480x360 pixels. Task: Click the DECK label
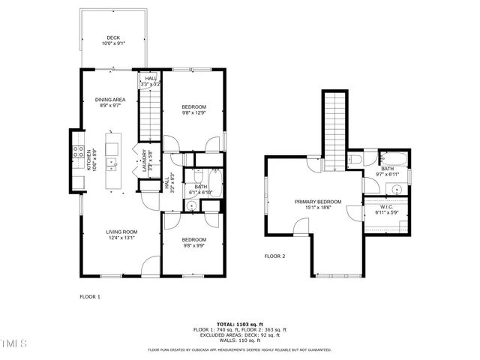(x=112, y=37)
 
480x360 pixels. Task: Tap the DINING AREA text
(x=109, y=100)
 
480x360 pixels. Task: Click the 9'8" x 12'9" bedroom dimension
(x=193, y=113)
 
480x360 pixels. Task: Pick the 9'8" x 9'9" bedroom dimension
(x=193, y=245)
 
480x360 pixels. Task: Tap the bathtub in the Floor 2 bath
(x=393, y=159)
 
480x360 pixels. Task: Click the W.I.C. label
(x=388, y=208)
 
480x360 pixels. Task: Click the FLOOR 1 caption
(x=90, y=297)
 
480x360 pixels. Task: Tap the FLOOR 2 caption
(x=274, y=256)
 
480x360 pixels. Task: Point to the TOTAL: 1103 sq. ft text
(x=239, y=323)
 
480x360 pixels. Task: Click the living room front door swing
(x=151, y=265)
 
